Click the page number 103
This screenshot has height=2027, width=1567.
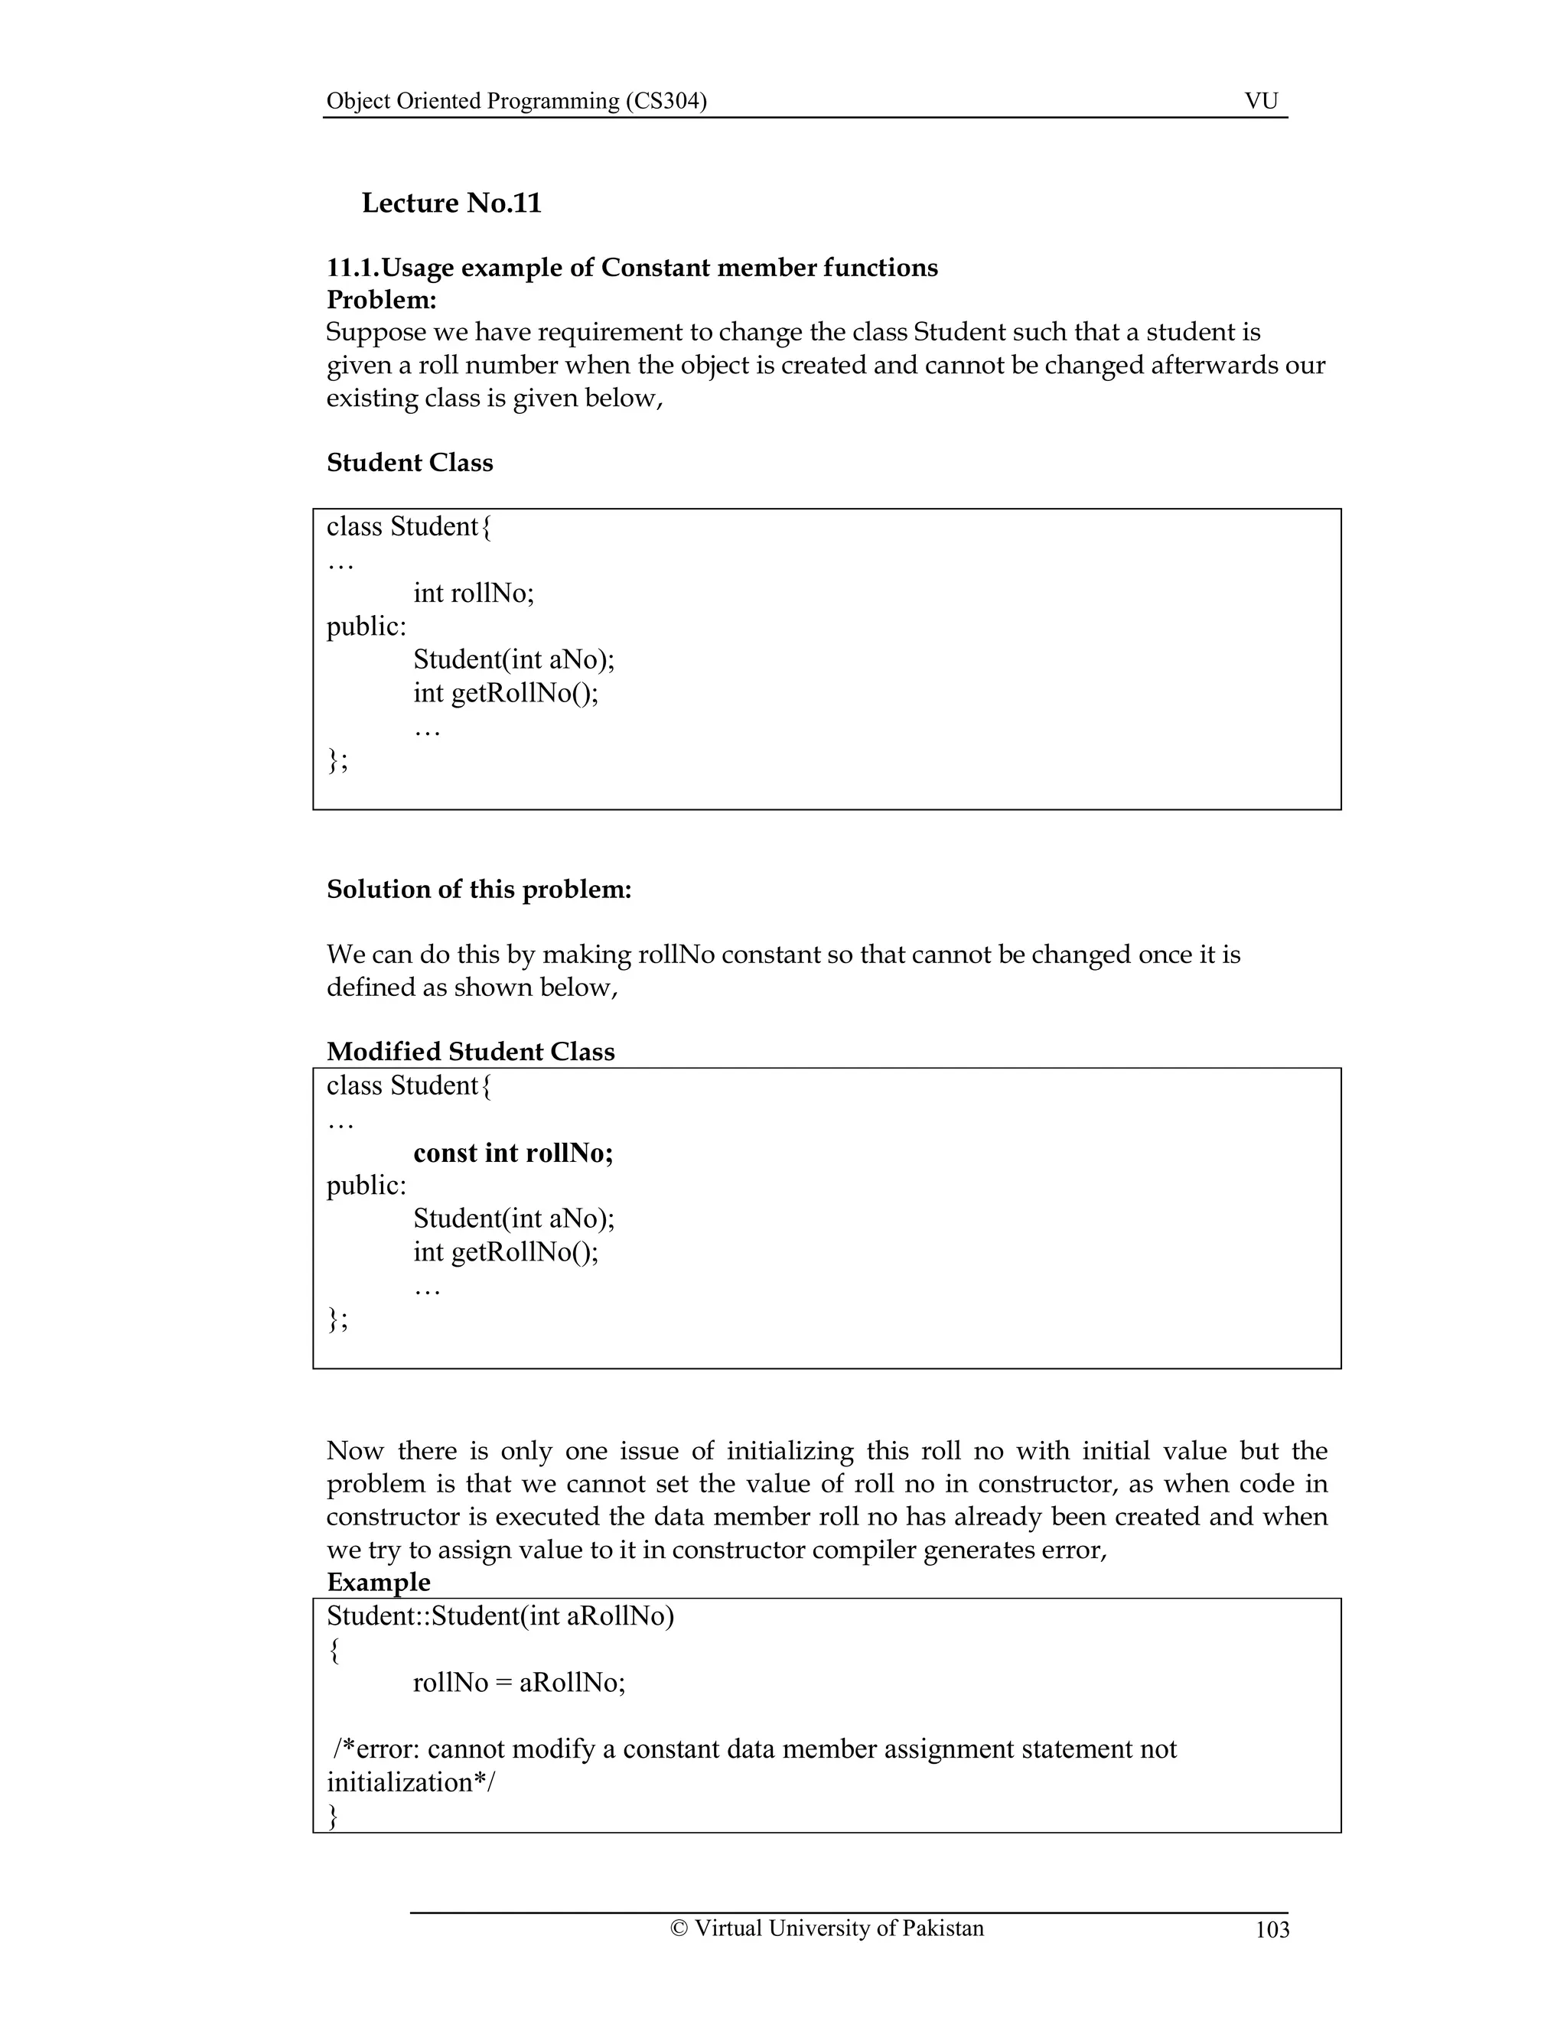point(1272,1930)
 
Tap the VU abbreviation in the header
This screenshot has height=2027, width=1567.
point(1261,101)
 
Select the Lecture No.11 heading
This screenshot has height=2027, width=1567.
point(451,203)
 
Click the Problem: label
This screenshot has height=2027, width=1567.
point(382,300)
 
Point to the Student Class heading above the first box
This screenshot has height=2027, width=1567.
point(409,462)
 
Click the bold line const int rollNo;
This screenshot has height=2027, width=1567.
point(513,1153)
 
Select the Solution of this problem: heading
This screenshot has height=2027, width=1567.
point(479,889)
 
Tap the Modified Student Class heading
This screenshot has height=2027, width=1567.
point(471,1052)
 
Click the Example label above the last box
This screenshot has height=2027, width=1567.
point(379,1583)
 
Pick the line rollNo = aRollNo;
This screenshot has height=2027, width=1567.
point(519,1683)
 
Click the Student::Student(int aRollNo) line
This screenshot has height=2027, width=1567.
point(500,1615)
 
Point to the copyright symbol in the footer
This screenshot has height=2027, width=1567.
point(679,1928)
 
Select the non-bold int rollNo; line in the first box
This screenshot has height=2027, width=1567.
point(474,593)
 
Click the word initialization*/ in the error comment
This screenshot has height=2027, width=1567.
point(411,1782)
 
